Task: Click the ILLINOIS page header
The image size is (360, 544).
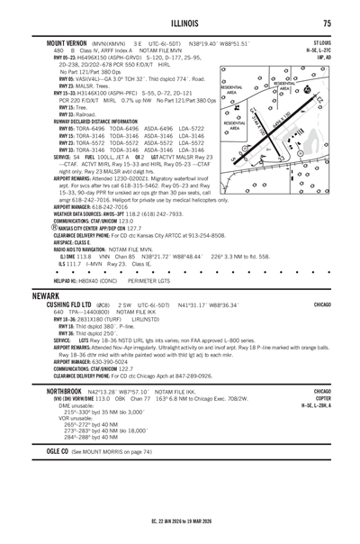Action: pyautogui.click(x=180, y=23)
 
